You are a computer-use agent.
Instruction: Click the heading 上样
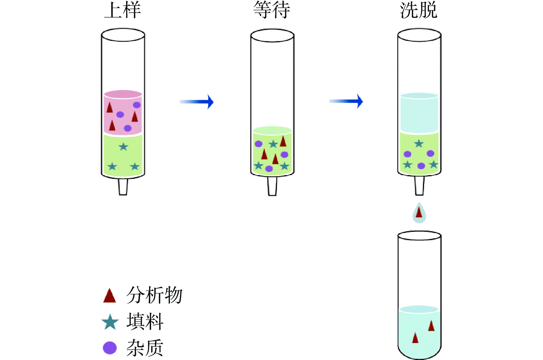(123, 10)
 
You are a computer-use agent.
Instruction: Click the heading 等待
(272, 10)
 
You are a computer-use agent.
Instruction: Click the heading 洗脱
(419, 10)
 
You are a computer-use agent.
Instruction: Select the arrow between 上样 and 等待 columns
(197, 102)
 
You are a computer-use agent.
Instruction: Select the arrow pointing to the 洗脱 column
(346, 101)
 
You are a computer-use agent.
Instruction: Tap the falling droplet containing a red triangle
(419, 213)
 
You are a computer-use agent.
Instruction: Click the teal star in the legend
(110, 322)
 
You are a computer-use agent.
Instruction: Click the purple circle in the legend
(110, 348)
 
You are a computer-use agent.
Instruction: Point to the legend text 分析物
(154, 295)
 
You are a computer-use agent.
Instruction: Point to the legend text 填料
(145, 321)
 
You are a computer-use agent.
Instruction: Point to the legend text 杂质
(145, 348)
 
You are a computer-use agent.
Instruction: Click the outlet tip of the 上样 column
(123, 187)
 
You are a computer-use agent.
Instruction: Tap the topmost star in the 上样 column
(124, 147)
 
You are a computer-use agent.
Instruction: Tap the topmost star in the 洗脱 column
(419, 143)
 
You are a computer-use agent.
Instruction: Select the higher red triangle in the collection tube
(431, 326)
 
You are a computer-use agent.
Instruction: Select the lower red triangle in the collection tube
(415, 338)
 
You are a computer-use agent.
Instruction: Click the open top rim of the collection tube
(419, 235)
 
